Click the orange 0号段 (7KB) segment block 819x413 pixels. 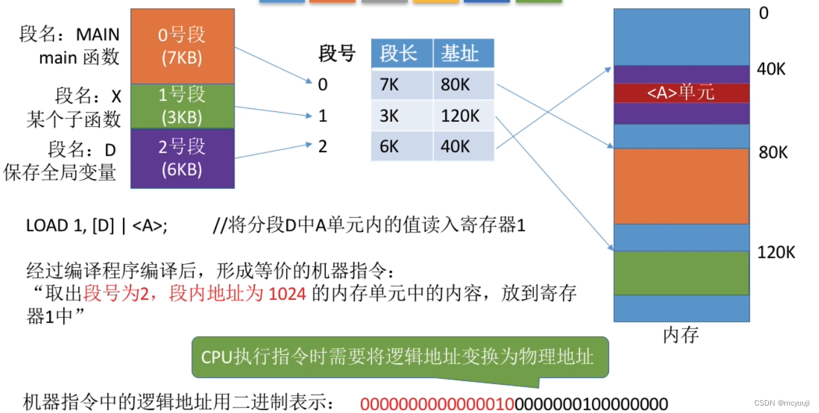(182, 46)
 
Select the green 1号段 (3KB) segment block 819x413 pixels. (182, 106)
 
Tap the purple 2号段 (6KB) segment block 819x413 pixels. (182, 158)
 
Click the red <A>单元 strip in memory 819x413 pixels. (681, 93)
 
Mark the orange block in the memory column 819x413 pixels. (681, 186)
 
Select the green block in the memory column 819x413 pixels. (681, 273)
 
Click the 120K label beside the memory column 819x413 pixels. (777, 252)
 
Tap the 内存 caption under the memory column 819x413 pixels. (681, 335)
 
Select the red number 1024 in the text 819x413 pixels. (288, 294)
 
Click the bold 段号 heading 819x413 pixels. (337, 54)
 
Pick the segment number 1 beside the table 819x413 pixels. (323, 116)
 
